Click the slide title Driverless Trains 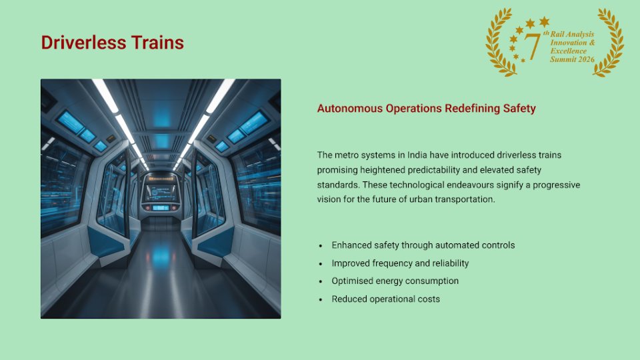point(112,43)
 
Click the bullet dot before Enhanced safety point(321,245)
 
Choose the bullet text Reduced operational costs point(385,299)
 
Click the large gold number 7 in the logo point(531,45)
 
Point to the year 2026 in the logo point(584,60)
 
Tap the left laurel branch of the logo point(499,43)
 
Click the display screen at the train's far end point(161,189)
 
